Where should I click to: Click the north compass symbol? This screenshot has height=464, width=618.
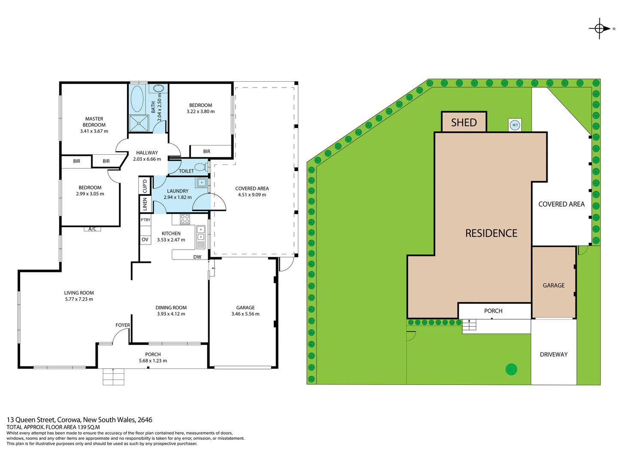click(x=600, y=29)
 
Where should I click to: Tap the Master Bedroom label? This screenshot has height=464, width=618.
click(x=94, y=125)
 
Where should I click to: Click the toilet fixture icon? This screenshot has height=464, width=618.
click(x=201, y=167)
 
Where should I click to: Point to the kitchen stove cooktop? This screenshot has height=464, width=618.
click(x=185, y=219)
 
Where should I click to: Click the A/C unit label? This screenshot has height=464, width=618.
click(x=92, y=229)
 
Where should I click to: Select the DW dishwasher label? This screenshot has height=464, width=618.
click(x=197, y=257)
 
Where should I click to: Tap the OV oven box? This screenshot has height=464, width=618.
click(x=145, y=240)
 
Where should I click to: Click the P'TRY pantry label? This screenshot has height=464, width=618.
click(x=145, y=220)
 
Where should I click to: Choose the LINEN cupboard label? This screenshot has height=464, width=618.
click(x=145, y=204)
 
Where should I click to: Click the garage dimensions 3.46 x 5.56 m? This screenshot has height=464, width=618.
click(x=245, y=314)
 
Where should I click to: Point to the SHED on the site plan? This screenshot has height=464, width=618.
click(x=464, y=122)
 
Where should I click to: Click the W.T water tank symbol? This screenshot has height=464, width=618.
click(x=515, y=125)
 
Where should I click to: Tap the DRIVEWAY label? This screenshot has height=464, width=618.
click(x=554, y=354)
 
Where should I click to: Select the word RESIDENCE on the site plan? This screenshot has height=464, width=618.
click(x=491, y=233)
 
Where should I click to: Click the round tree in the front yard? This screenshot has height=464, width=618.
click(x=511, y=369)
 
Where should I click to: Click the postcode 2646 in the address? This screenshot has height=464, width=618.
click(x=145, y=420)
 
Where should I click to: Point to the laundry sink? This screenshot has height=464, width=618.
click(x=201, y=183)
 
